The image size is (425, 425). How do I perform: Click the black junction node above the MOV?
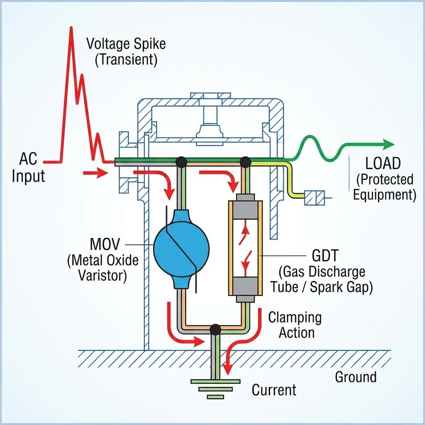tap(181, 161)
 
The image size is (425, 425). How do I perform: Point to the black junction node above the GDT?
tap(246, 161)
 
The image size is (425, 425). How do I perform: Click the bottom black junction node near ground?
tap(215, 330)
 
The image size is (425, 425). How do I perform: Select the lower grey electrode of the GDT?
tap(245, 287)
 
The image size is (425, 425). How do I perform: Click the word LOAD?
tap(383, 164)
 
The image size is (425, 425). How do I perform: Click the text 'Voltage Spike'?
tap(126, 44)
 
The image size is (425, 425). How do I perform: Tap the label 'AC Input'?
tap(28, 168)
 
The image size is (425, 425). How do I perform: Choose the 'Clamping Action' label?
tap(295, 325)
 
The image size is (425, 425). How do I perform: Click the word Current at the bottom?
tap(274, 390)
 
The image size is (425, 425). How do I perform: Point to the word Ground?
tap(356, 377)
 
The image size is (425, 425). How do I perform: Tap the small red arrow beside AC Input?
tap(95, 173)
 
